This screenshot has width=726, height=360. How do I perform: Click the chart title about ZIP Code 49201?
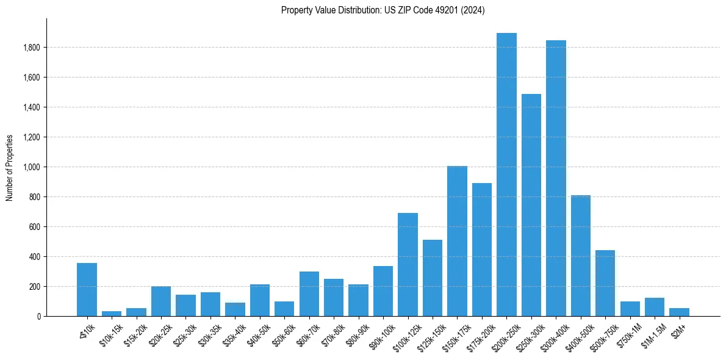tap(383, 10)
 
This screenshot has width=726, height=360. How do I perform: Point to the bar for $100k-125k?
tap(408, 265)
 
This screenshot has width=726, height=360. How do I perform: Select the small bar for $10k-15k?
tap(112, 314)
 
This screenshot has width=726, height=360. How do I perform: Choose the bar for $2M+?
tap(679, 312)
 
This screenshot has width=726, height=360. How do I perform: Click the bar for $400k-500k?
tap(581, 256)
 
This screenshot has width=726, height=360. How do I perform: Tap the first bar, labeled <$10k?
tap(87, 290)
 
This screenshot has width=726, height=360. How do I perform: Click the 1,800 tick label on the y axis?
tap(32, 48)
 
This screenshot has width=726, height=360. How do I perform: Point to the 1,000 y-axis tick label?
tap(32, 167)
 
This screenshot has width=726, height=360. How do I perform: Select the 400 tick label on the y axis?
tap(35, 257)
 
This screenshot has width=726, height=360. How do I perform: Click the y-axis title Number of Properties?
tap(10, 168)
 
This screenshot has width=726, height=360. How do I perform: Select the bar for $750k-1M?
tap(630, 309)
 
